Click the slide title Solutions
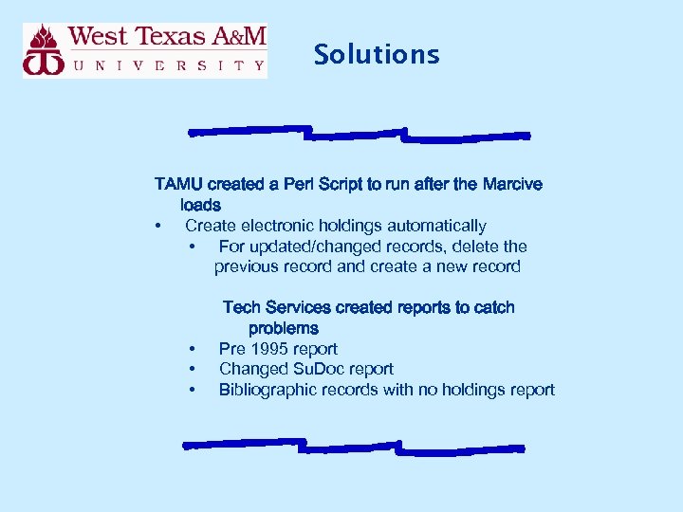coord(377,54)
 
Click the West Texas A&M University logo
coord(145,51)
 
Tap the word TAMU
coord(178,184)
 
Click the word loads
coord(200,205)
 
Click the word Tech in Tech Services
coord(242,307)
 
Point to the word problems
coord(284,328)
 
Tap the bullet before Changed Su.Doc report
coord(193,369)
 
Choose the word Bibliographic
coord(266,390)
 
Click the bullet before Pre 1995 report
coord(193,349)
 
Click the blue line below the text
coord(353,446)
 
